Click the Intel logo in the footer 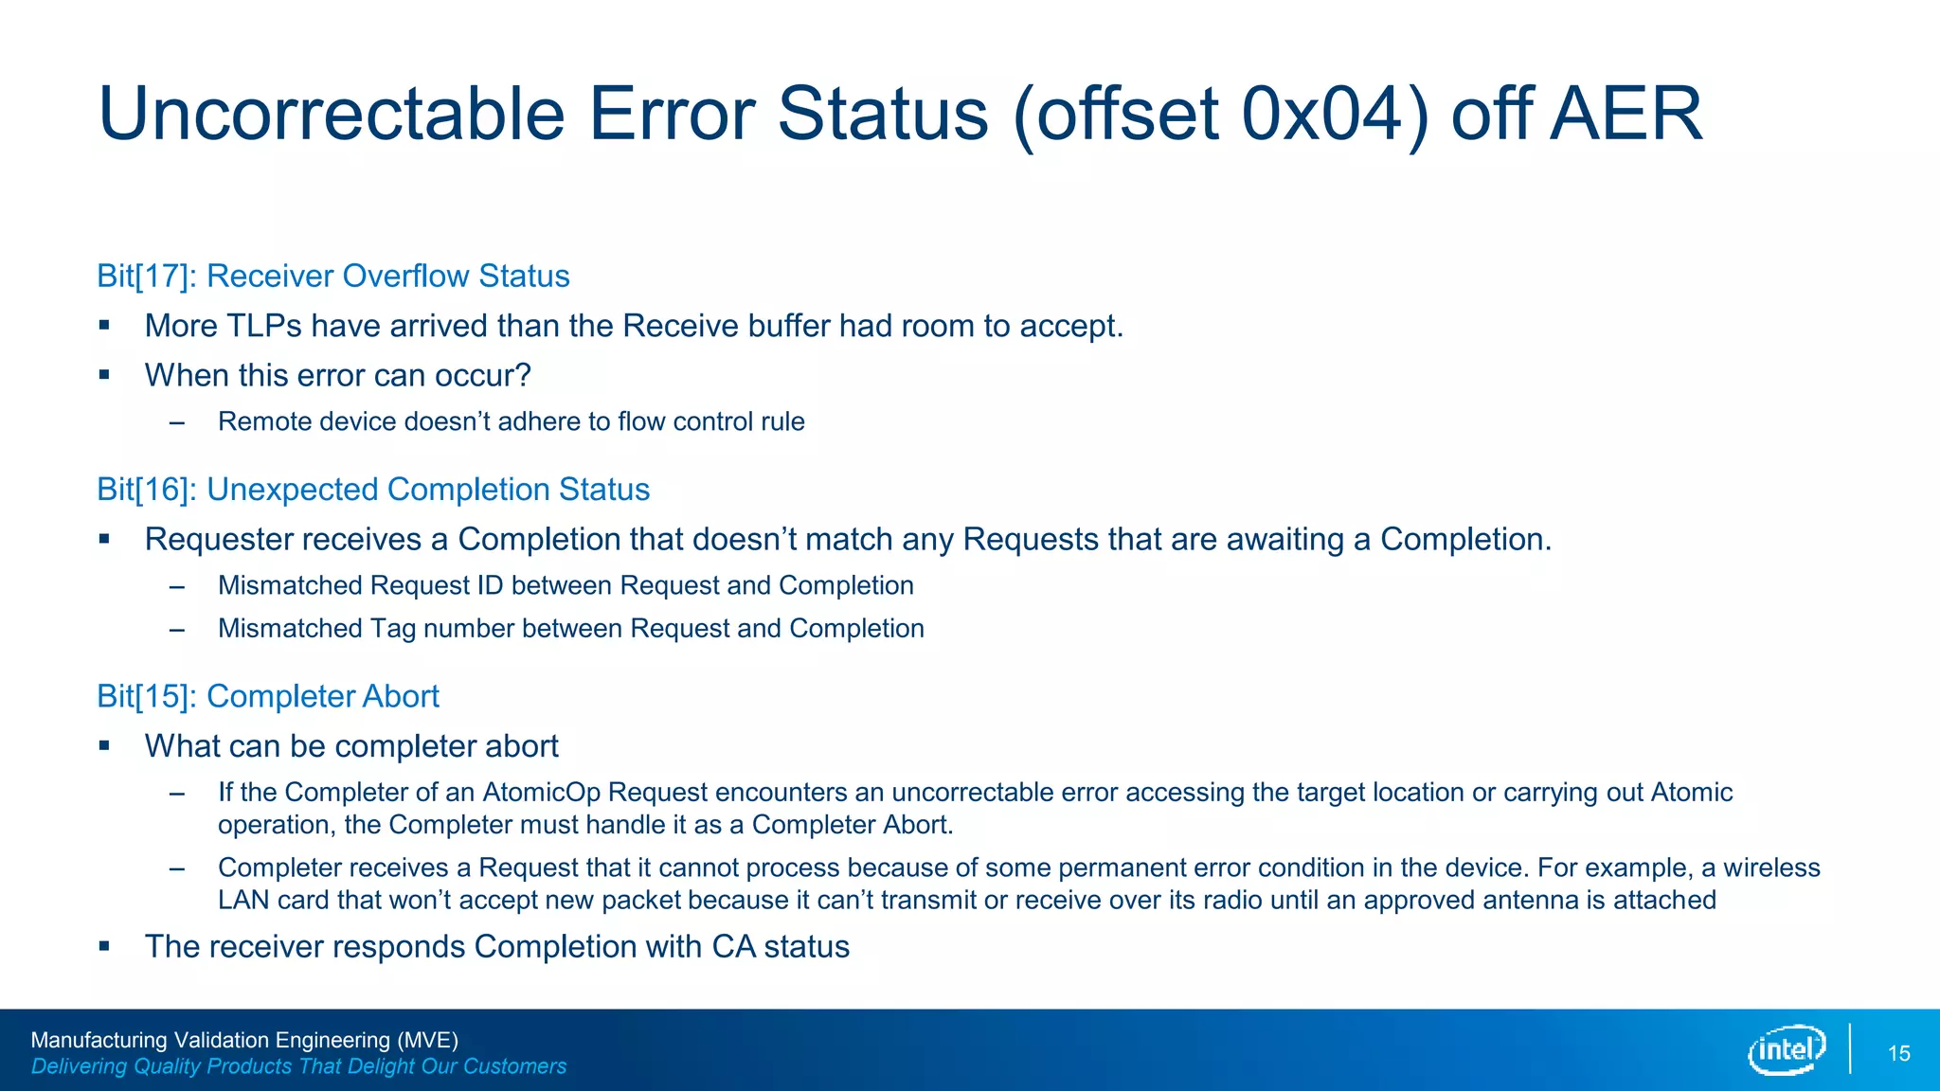coord(1787,1050)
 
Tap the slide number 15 coord(1898,1054)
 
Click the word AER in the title coord(1626,115)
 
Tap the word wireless coord(1771,868)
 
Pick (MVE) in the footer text coord(426,1040)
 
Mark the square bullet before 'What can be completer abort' coord(104,746)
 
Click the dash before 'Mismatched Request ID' coord(176,586)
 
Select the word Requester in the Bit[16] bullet coord(218,540)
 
